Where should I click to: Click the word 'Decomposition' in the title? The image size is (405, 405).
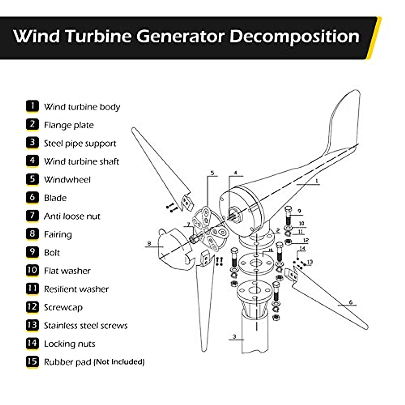tap(294, 36)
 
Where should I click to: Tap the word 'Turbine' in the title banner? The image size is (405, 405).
tap(98, 36)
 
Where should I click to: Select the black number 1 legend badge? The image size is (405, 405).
tap(32, 106)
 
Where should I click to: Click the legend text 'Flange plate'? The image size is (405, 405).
tap(69, 125)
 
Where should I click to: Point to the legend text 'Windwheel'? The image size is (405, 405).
tap(67, 180)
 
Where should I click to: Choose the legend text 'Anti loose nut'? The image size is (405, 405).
tap(72, 216)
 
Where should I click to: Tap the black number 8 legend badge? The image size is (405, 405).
tap(32, 234)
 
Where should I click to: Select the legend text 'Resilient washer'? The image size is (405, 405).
tap(76, 289)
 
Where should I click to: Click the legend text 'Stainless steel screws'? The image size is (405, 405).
tap(86, 326)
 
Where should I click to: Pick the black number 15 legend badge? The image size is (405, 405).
tap(32, 361)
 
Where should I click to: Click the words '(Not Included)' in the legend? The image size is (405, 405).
tap(119, 362)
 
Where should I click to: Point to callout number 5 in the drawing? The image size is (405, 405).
tap(212, 173)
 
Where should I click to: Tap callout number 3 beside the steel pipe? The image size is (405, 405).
tap(234, 336)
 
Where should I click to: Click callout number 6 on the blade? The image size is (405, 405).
tap(351, 302)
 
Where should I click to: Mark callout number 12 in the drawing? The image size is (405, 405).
tap(306, 241)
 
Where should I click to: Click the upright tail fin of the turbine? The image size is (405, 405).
tap(344, 122)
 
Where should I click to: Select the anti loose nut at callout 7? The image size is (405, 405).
tap(194, 239)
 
